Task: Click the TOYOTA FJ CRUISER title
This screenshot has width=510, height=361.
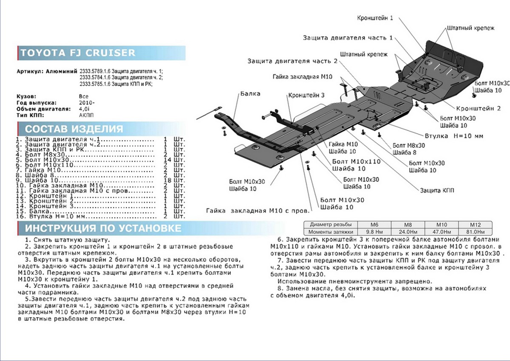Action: point(78,53)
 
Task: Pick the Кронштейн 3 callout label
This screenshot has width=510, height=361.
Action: point(306,95)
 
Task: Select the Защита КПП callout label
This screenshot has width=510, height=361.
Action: point(437,190)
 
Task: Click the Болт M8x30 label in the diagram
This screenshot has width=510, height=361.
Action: point(409,145)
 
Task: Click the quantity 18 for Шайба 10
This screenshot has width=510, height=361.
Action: point(167,180)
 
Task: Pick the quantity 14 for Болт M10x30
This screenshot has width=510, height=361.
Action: point(167,159)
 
